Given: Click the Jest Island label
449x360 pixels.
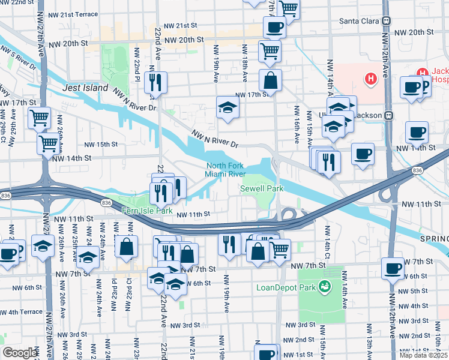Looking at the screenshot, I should point(85,88).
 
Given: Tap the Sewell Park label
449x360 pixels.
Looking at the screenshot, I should point(261,188).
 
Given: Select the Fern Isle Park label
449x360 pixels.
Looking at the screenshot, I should point(147,211).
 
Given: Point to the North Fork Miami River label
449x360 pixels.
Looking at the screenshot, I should point(225,170).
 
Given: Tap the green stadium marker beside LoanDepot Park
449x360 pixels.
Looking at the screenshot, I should point(325,286).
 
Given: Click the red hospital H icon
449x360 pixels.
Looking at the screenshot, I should point(371,77).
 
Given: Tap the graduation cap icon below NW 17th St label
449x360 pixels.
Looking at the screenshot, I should point(228,109).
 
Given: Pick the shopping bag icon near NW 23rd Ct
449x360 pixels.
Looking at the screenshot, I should point(127,247).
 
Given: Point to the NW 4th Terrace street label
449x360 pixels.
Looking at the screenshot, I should point(21,312).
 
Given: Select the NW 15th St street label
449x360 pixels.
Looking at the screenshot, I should point(100,145).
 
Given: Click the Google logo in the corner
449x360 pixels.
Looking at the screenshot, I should point(20,353).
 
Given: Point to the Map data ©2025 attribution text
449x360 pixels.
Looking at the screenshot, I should point(424,355).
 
